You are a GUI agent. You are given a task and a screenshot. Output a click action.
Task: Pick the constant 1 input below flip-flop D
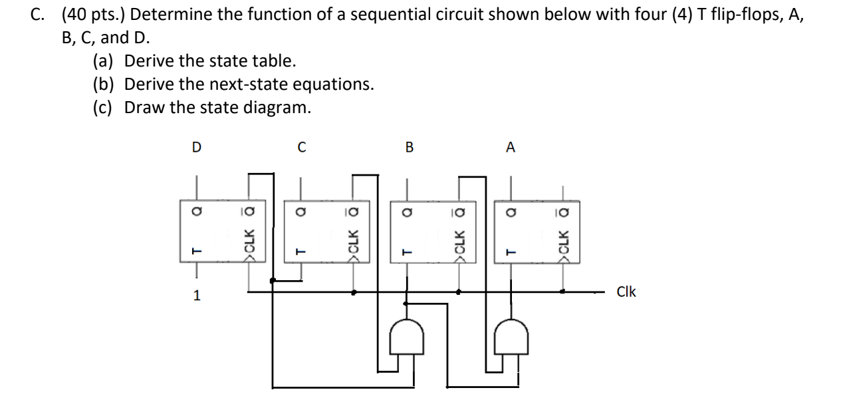(x=196, y=296)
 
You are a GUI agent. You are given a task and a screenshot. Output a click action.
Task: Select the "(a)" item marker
(x=102, y=62)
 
